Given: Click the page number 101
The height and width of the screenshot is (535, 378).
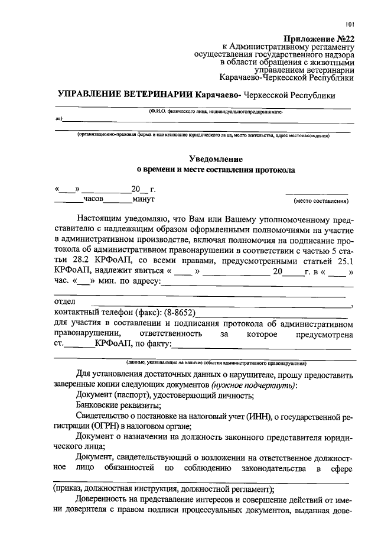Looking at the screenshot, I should [x=349, y=24].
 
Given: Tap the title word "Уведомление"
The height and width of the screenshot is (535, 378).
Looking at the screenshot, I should [x=216, y=158].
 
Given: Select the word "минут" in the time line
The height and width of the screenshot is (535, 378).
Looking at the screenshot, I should [x=142, y=199].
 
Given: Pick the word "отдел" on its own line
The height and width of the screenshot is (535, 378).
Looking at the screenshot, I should [x=64, y=302].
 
